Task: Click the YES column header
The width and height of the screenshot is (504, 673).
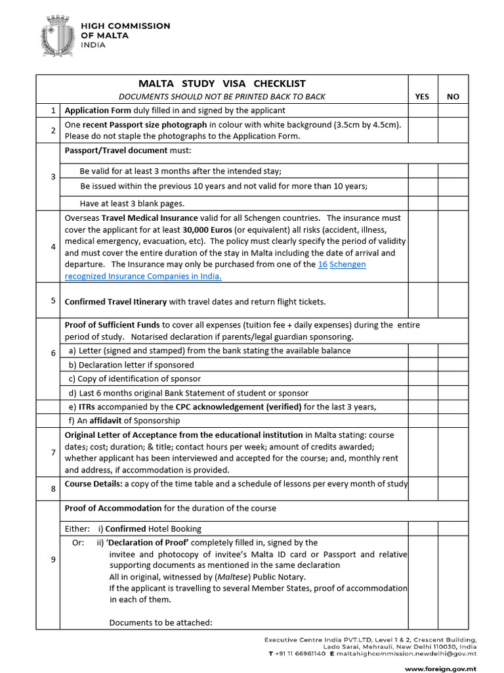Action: pos(422,97)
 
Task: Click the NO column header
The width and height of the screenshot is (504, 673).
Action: pos(453,97)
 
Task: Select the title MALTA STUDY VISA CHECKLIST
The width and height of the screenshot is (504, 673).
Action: pos(222,83)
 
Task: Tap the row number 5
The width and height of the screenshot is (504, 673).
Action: pos(53,300)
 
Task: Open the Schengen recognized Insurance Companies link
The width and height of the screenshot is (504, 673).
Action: pos(143,276)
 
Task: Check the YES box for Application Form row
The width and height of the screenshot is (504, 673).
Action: pos(422,110)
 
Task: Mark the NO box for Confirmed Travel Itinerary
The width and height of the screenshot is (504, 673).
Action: pos(453,300)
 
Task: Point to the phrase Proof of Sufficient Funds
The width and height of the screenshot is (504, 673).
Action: pos(112,325)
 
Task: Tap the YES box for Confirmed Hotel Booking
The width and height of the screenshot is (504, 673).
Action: pos(422,528)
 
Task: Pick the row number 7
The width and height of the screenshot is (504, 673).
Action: pos(53,452)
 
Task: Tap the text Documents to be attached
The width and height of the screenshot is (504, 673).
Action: pos(161,622)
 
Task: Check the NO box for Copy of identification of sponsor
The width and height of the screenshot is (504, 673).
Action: pos(453,379)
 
